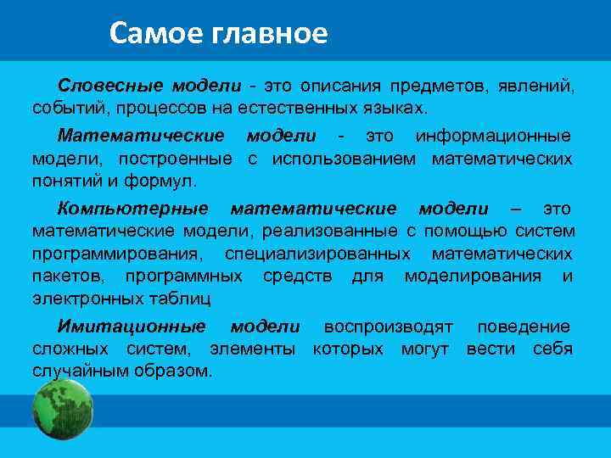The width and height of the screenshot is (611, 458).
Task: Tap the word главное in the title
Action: pos(272,34)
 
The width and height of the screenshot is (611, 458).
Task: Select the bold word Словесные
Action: pos(111,86)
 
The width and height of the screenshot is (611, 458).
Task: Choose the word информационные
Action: pos(493,136)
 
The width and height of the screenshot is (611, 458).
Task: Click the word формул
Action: pos(165,182)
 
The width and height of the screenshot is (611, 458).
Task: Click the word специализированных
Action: pos(317,254)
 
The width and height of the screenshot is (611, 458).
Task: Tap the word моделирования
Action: pos(473,276)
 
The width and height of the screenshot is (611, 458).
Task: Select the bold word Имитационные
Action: pos(132,327)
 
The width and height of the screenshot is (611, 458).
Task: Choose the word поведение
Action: pos(524,327)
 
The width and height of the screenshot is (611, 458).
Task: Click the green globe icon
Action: pos(63,409)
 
